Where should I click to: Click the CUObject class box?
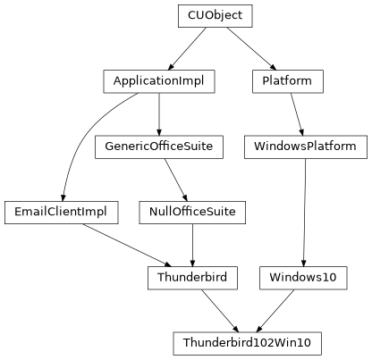point(215,16)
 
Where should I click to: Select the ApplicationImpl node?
point(158,81)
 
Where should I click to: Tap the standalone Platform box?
point(287,81)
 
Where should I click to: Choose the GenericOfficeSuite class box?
point(159,147)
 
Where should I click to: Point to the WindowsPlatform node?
point(305,147)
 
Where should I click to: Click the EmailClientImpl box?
point(61,212)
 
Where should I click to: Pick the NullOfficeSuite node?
point(191,212)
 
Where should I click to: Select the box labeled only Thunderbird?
point(192,277)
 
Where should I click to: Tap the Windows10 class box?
point(302,277)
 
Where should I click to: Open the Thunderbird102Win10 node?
point(247,342)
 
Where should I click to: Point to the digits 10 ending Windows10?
point(328,277)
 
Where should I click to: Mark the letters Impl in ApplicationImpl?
point(190,81)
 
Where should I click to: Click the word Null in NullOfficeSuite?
point(158,212)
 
